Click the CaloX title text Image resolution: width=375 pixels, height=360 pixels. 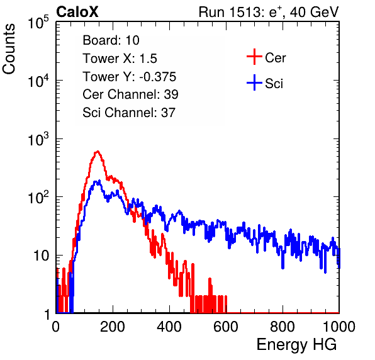point(77,12)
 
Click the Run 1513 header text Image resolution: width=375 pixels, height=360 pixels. point(269,12)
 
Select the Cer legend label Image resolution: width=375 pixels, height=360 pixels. point(275,58)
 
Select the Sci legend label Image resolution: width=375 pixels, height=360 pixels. point(274,84)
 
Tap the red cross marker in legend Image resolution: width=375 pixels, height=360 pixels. point(254,57)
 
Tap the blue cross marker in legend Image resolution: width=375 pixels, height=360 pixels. point(254,83)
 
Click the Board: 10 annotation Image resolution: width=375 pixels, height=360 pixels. point(111,40)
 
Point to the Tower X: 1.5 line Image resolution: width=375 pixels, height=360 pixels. point(120,59)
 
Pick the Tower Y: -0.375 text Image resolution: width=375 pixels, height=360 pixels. point(129,77)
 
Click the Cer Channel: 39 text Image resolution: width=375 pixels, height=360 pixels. point(130,94)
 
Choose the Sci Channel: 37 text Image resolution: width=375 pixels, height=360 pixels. point(129,113)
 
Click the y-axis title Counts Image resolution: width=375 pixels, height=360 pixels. point(9,49)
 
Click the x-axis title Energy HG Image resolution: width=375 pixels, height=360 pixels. point(296,344)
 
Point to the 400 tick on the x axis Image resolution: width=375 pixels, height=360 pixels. point(169,327)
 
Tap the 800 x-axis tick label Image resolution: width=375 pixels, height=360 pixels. point(283,327)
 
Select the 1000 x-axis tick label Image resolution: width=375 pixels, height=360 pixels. point(339,327)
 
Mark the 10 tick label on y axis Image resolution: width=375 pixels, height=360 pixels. point(41,256)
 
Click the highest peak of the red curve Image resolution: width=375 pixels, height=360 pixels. point(98,151)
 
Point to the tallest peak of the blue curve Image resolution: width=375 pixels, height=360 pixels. point(99,181)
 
